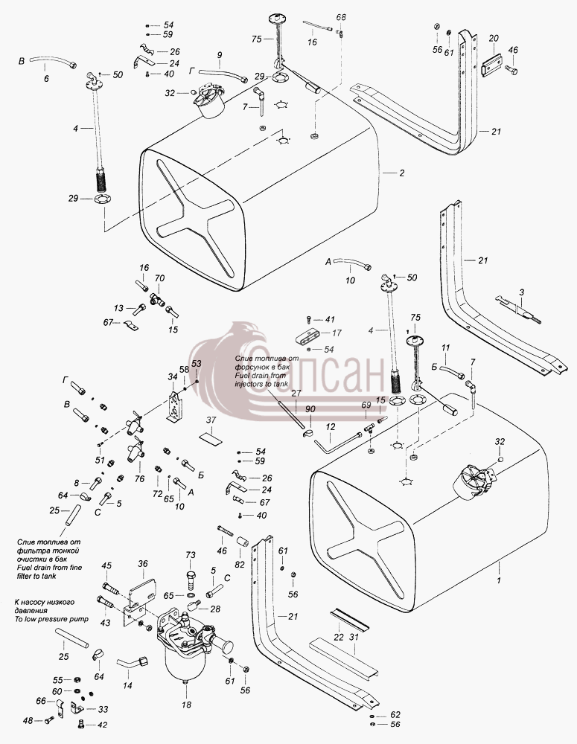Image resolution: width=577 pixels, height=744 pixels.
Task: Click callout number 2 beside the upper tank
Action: pos(402,173)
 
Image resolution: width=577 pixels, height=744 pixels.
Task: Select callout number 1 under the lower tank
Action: pos(499,580)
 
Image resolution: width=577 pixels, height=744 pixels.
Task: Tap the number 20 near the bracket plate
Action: pos(494,39)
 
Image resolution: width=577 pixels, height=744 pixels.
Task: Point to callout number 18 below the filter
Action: pos(186,705)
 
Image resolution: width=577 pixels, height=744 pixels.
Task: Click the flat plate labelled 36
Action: pos(143,589)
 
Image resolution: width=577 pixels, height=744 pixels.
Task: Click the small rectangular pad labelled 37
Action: pos(211,437)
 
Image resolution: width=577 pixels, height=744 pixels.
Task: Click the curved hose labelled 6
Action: pos(51,61)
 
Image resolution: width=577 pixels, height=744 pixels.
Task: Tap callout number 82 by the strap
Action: pos(239,565)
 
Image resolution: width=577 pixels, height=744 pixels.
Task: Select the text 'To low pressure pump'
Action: pos(51,619)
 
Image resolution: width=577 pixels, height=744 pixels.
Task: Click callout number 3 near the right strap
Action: pos(521,292)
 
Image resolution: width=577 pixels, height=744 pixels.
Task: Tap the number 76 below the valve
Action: pos(139,478)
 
